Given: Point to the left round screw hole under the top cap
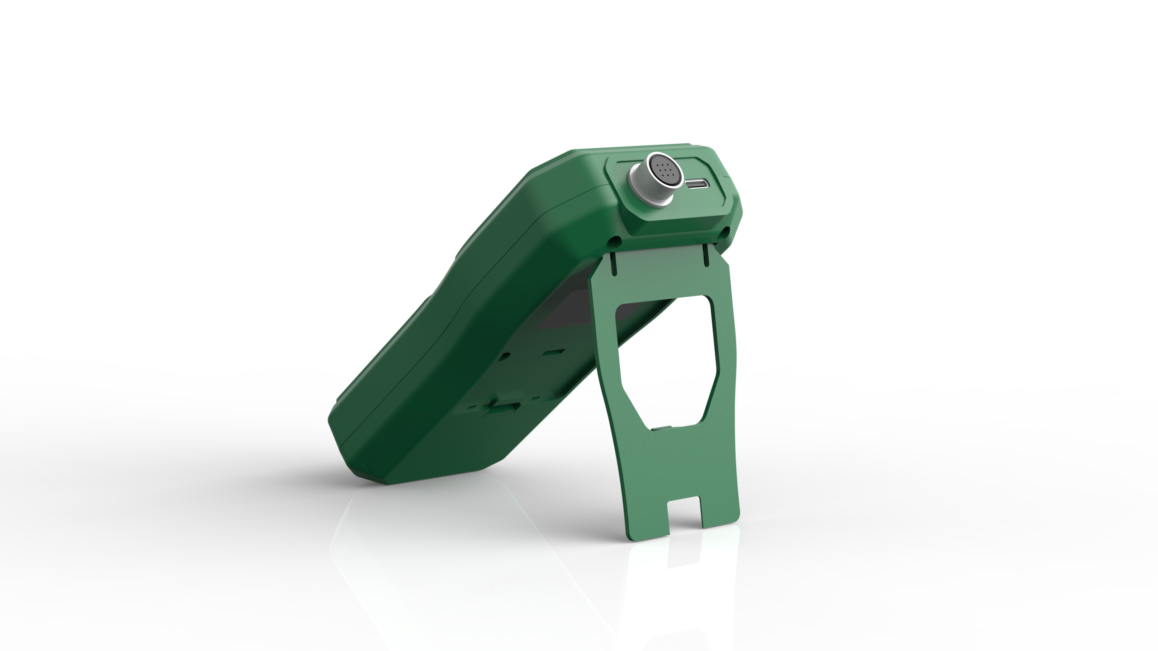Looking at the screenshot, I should point(616,240).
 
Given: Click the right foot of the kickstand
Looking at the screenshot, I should point(719,513).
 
